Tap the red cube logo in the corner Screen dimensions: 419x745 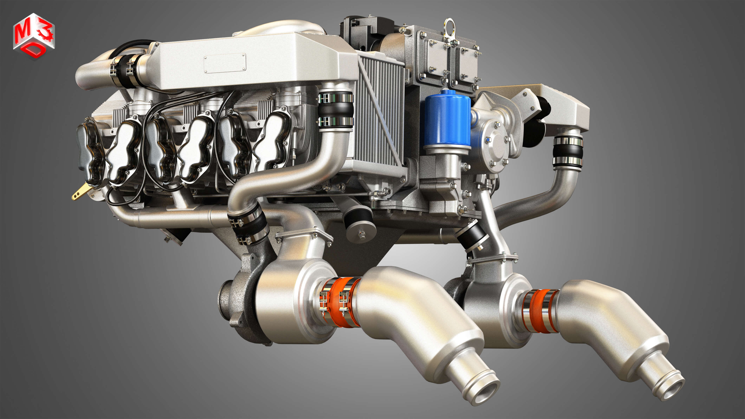[34, 36]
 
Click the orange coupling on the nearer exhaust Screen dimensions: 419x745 [340, 302]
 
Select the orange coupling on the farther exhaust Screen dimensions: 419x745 [540, 311]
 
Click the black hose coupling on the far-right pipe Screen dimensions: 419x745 [567, 152]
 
